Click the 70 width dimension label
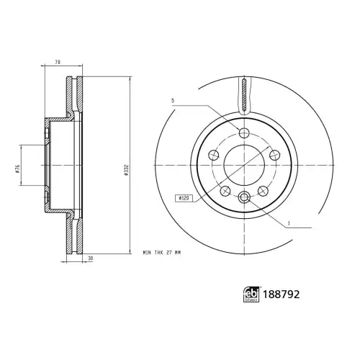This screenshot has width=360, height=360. [x=58, y=62]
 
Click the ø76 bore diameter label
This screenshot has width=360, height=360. [x=17, y=169]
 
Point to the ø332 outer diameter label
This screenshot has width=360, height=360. [x=127, y=170]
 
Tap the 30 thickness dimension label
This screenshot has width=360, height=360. [x=90, y=258]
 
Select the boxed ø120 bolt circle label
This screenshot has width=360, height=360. [x=184, y=198]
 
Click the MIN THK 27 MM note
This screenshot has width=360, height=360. [x=162, y=253]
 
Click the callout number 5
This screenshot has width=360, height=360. [x=173, y=101]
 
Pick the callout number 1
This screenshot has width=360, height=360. [x=289, y=223]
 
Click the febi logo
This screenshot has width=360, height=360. [x=251, y=294]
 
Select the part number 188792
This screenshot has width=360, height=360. [x=282, y=294]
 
